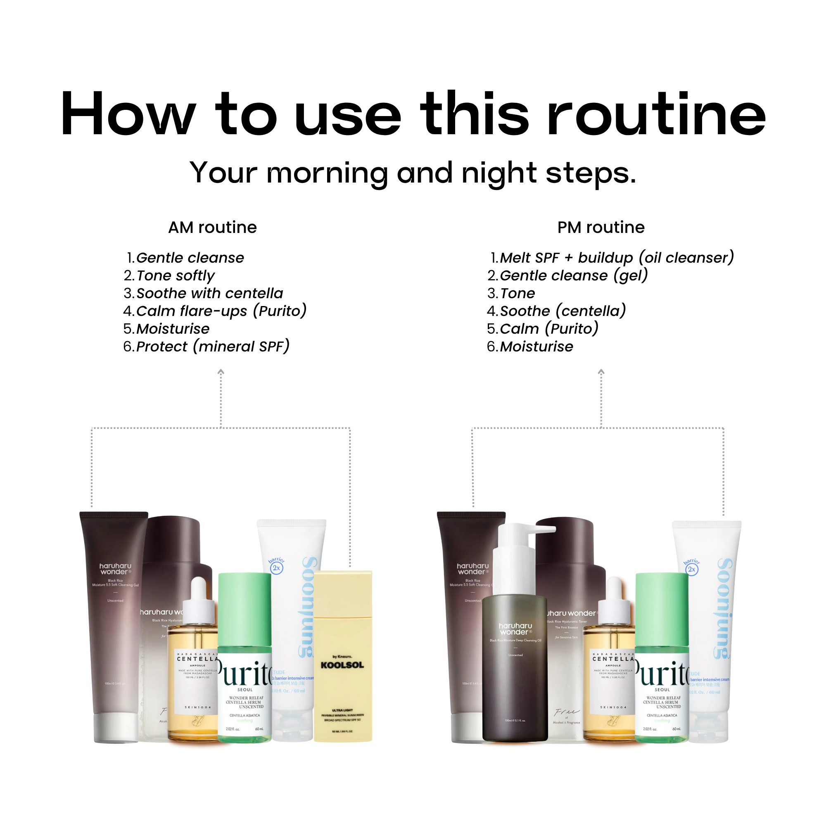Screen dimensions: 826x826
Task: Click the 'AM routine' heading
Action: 212,228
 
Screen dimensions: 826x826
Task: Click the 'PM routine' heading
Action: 601,228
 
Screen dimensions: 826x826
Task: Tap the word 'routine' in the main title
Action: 656,114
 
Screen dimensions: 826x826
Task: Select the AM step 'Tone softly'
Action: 175,276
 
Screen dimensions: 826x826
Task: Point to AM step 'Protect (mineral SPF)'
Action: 212,347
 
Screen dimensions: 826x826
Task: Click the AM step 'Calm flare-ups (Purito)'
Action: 221,311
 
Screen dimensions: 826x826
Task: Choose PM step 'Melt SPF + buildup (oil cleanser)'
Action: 617,258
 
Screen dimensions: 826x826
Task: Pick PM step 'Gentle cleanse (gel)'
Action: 574,276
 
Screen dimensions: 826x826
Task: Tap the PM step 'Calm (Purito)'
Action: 549,329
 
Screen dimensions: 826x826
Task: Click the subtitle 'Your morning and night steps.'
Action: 413,173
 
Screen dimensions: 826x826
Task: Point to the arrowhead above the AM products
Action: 221,372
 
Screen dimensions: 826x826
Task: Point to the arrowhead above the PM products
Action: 601,372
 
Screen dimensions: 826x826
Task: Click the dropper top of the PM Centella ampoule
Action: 615,598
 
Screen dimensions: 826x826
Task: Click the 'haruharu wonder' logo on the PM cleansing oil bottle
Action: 515,629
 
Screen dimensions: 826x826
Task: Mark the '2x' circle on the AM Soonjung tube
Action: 277,568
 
